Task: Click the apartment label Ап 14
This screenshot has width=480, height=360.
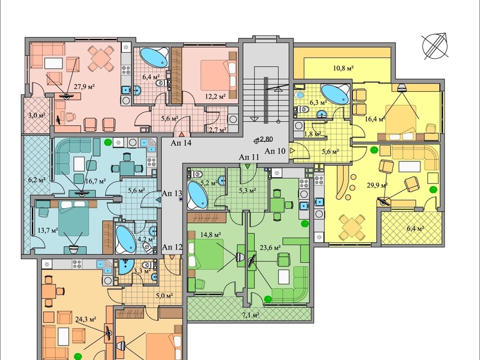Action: click(181, 143)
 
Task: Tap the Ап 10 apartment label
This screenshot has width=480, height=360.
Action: click(275, 151)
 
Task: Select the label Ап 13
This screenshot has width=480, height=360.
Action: click(172, 193)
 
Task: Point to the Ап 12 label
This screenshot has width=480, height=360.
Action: click(172, 247)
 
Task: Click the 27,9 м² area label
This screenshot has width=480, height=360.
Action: click(84, 86)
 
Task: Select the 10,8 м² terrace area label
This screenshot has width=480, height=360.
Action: click(343, 68)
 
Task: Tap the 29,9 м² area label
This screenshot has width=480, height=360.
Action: click(377, 185)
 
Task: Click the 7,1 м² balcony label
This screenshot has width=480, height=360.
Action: click(250, 314)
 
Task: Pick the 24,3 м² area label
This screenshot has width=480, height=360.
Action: click(86, 320)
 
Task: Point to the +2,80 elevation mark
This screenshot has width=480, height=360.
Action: click(263, 140)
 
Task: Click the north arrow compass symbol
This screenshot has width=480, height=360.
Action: click(436, 46)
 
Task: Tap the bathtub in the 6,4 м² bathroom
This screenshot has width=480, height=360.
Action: click(154, 57)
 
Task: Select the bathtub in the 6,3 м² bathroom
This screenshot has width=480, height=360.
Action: click(335, 94)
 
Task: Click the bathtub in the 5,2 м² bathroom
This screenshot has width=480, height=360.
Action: click(198, 195)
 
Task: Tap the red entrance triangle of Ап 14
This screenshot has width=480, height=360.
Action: click(182, 134)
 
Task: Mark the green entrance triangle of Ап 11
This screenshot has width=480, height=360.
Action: click(248, 166)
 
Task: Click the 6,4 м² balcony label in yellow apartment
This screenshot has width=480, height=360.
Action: click(415, 228)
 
